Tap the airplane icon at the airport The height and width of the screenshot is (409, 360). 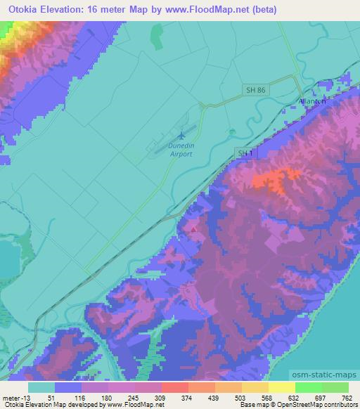(183, 133)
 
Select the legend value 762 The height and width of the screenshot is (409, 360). (347, 397)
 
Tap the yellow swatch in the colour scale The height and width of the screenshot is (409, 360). (281, 387)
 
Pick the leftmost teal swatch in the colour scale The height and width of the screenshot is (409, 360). (41, 387)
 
